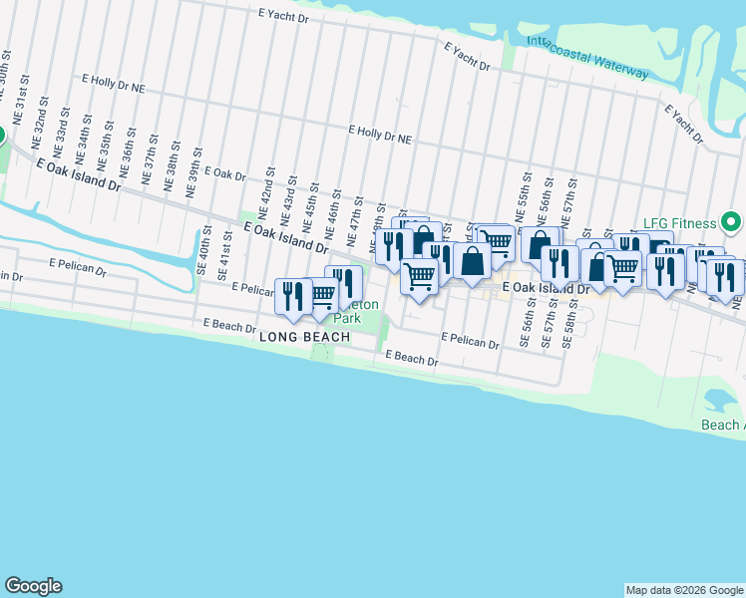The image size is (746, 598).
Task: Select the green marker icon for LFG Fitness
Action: (x=731, y=221)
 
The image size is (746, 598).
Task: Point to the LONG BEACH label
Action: (x=304, y=338)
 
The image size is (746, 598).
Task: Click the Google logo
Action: (x=33, y=586)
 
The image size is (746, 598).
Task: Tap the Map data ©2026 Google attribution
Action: (x=683, y=590)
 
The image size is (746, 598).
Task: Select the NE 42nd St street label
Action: (x=264, y=191)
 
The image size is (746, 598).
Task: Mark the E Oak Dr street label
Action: (x=224, y=173)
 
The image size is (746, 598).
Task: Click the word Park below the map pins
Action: (x=345, y=319)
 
